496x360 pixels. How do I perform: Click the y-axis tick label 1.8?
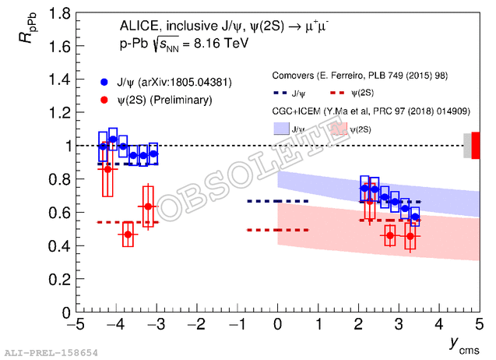[x=59, y=13]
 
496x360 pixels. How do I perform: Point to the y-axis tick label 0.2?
[x=59, y=280]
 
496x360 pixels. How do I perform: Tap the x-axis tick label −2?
[x=196, y=324]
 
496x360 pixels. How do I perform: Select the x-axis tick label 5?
[x=479, y=324]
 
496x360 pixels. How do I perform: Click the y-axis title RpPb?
[x=28, y=28]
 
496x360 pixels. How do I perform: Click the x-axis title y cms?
[x=464, y=345]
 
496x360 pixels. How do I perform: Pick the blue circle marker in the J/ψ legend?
[x=104, y=83]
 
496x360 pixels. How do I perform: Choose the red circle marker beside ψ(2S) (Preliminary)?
[x=104, y=100]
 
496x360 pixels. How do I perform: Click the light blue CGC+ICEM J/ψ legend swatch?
[x=281, y=129]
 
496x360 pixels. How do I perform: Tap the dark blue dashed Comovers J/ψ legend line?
[x=280, y=93]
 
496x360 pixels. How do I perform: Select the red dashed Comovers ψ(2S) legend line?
[x=336, y=93]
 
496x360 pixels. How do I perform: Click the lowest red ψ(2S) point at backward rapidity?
[x=128, y=235]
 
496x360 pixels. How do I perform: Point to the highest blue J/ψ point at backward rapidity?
[x=113, y=139]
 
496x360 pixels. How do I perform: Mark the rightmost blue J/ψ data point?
[x=415, y=217]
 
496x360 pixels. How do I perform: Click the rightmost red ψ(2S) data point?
[x=410, y=236]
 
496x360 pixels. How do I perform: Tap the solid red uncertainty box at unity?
[x=476, y=146]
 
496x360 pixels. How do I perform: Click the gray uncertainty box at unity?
[x=467, y=146]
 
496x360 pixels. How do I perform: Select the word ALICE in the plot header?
[x=139, y=26]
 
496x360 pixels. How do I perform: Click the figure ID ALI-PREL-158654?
[x=51, y=353]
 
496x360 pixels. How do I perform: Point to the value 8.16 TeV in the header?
[x=221, y=44]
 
